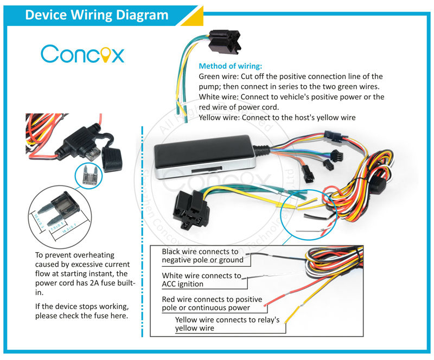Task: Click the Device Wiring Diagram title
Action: (x=97, y=15)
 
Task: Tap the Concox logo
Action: (x=82, y=54)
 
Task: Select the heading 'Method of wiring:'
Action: (x=231, y=66)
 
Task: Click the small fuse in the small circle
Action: (x=89, y=175)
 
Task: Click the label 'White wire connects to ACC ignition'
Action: (x=201, y=280)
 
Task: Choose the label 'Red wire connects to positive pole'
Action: (x=212, y=304)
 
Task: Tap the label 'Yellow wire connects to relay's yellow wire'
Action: (x=227, y=324)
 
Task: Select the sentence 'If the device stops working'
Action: (x=82, y=307)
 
